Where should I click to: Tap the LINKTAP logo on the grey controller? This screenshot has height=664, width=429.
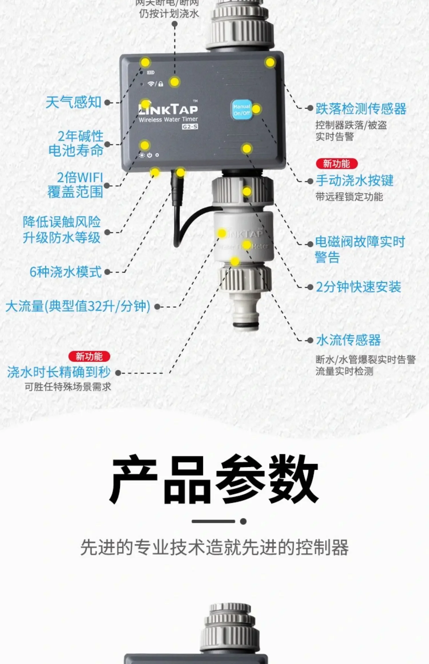pos(168,110)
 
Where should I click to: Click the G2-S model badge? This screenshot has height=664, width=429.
pos(190,126)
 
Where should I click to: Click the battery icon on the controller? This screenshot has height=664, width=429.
pos(151,73)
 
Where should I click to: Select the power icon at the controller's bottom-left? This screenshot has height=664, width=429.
pos(150,155)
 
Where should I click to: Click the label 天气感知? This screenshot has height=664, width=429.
pos(74,102)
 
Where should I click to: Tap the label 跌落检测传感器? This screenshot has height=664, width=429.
pos(361,109)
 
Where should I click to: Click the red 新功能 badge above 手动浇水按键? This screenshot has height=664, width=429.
pos(337,164)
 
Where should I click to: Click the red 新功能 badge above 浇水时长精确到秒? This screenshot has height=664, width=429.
pos(89,357)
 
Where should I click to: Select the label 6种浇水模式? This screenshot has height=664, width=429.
pos(65,272)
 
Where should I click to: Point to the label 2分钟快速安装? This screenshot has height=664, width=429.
pos(358,287)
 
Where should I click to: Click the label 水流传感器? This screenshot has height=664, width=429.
pos(348,340)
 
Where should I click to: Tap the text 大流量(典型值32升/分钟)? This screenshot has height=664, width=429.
pos(78,306)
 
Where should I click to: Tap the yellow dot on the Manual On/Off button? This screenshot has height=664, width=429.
pos(256,109)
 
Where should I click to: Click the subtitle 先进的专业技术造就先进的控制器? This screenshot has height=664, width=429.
pos(214,547)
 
